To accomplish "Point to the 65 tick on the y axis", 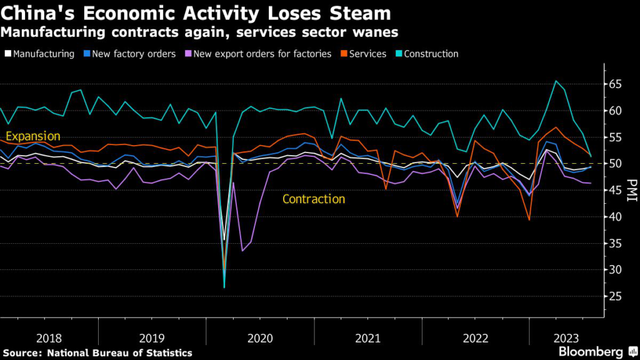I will (x=616, y=84).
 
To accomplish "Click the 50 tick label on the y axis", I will (x=616, y=164).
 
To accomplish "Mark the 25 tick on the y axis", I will (x=616, y=297).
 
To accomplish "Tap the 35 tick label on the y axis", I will (x=616, y=244).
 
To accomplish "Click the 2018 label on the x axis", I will (x=49, y=338).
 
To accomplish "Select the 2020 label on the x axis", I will (x=260, y=338).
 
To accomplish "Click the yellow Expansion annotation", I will (x=32, y=136).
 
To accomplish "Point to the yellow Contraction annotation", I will (x=314, y=199).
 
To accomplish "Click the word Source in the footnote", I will (x=22, y=352).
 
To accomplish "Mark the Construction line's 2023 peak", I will (x=556, y=81).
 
